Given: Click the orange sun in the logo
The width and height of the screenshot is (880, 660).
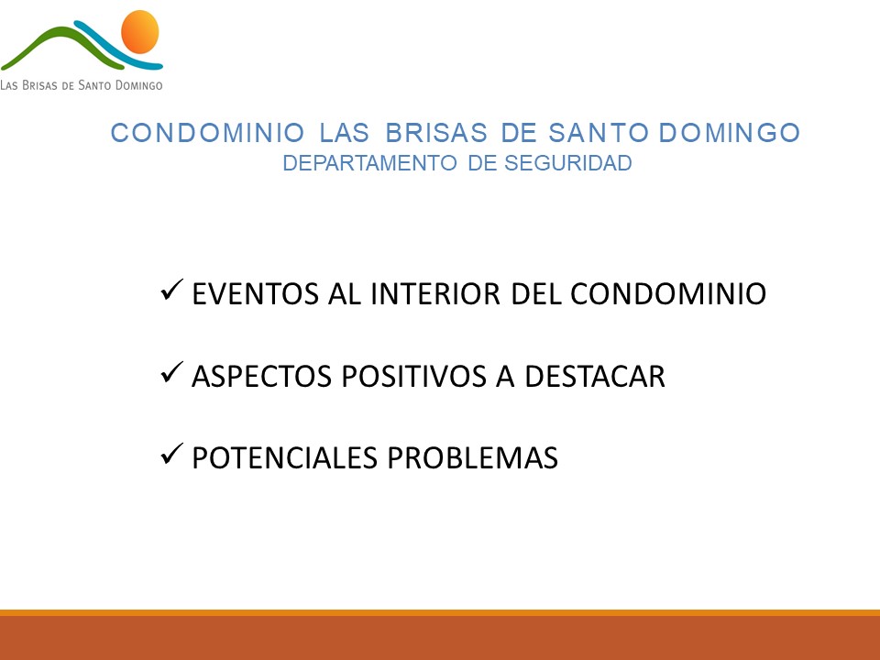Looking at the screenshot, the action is click(x=139, y=32).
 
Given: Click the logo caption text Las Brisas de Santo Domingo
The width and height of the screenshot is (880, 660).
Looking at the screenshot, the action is click(x=82, y=85).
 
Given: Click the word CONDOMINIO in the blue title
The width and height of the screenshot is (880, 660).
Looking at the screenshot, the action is click(x=208, y=133).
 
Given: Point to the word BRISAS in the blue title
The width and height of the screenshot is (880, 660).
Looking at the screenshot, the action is click(x=436, y=133).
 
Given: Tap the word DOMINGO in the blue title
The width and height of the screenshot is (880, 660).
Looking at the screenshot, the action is click(x=729, y=133).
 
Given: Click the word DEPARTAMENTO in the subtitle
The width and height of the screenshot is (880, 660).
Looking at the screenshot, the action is click(x=369, y=163).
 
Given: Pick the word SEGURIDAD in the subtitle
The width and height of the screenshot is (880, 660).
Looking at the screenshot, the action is click(x=568, y=163).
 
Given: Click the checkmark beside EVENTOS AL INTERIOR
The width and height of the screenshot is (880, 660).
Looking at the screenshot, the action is click(x=171, y=290).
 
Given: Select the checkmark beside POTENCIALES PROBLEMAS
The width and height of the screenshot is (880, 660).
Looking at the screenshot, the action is click(x=171, y=454).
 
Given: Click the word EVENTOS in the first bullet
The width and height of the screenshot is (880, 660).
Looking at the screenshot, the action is click(x=256, y=294).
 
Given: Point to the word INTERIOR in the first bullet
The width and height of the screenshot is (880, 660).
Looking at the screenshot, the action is click(x=435, y=294).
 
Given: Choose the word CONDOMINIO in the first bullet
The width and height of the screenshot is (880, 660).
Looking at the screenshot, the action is click(x=668, y=294).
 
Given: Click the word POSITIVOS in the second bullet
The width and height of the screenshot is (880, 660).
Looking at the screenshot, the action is click(x=413, y=376).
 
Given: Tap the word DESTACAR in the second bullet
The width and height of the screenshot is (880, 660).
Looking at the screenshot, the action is click(x=594, y=376).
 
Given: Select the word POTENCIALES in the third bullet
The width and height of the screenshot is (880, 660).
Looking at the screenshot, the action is click(x=284, y=458).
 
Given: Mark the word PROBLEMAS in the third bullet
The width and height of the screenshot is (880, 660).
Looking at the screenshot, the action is click(x=473, y=458).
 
